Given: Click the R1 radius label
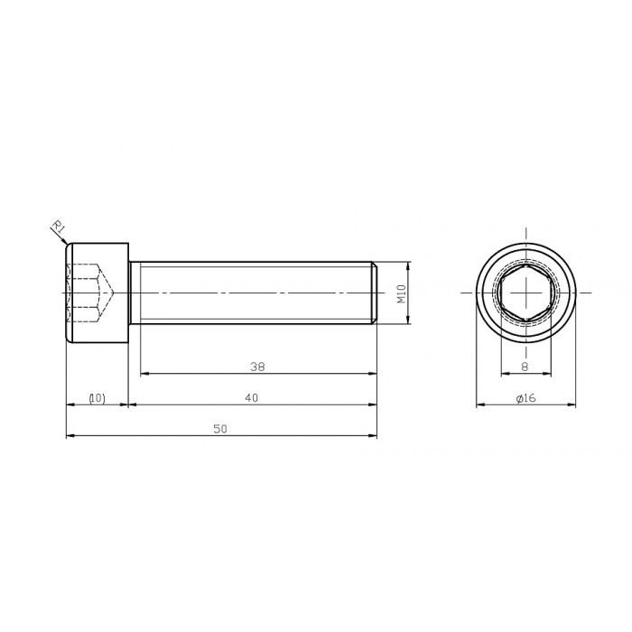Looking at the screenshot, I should tap(55, 226).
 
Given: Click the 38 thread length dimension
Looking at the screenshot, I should tap(257, 367).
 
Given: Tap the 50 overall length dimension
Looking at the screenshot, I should tap(219, 430).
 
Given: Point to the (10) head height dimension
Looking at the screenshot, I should tap(97, 398).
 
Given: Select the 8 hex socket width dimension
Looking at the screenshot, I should tap(525, 367).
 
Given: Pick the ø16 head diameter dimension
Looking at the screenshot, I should tap(526, 398).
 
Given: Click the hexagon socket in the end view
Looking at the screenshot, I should tap(525, 293).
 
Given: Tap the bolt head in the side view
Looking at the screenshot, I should tap(98, 293).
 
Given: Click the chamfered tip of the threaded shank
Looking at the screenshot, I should tap(374, 293).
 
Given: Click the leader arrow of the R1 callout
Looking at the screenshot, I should tap(64, 239).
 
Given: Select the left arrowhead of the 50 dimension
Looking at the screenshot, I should tap(70, 437).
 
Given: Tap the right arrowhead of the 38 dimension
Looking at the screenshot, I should tap(372, 373).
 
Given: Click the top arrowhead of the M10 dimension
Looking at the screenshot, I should tap(409, 266).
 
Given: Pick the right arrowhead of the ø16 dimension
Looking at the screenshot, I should tap(572, 405).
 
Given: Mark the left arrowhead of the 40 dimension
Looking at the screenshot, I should tap(135, 405).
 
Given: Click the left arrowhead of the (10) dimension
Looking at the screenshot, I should tap(70, 405).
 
